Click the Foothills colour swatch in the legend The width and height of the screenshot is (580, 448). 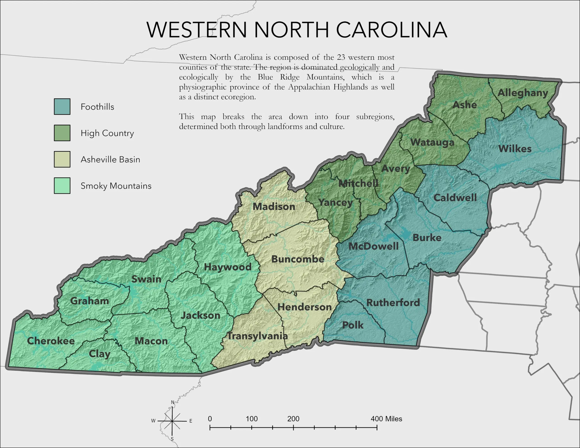(62, 106)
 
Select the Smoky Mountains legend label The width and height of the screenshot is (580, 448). (116, 186)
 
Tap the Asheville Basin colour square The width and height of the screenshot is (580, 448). (62, 159)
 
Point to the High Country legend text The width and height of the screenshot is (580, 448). (107, 133)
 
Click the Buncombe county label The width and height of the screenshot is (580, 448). (298, 259)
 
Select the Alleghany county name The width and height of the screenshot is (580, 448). (523, 93)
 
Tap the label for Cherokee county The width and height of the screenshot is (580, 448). (51, 341)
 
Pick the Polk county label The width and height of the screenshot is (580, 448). (353, 325)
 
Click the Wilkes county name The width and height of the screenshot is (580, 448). (515, 149)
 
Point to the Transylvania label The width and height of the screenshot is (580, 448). (257, 336)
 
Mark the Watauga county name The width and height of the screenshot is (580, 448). (432, 142)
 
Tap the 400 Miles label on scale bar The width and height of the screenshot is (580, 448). (386, 419)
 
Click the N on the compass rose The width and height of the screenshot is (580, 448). (172, 402)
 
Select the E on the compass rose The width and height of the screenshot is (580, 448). (191, 421)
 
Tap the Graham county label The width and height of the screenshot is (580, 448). (89, 301)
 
